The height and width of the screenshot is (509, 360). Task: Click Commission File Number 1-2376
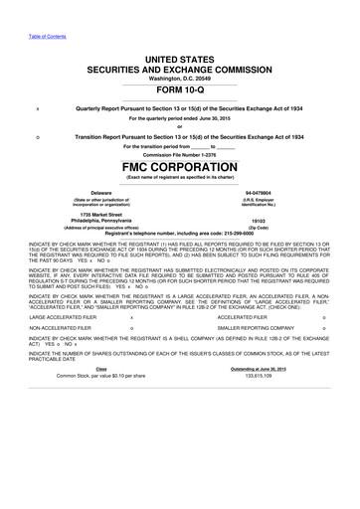[x=179, y=155]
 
